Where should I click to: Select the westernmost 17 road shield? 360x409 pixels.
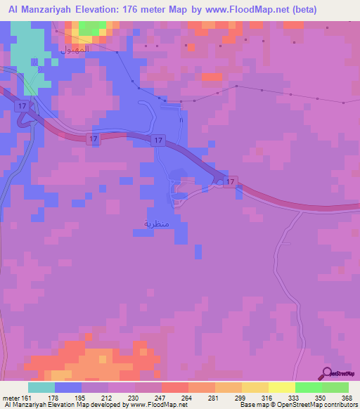[x=23, y=105]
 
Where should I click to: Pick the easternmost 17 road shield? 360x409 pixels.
[x=229, y=181]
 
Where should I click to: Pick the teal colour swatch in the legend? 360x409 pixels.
[x=41, y=387]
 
